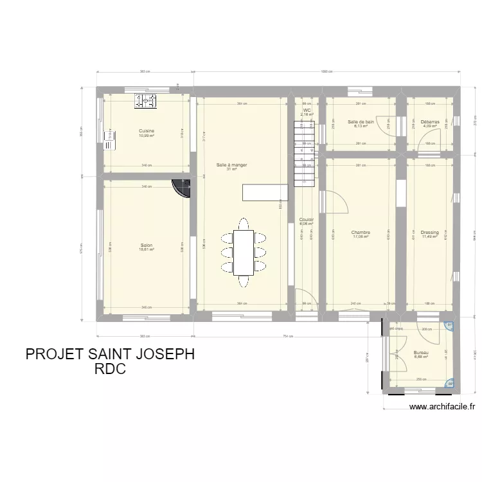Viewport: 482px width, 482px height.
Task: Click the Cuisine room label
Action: pos(147,131)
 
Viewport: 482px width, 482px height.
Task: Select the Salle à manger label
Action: pos(231,165)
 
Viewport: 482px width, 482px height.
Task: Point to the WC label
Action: pos(307,111)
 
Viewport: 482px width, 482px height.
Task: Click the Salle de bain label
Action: pos(361,122)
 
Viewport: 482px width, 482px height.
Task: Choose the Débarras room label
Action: pos(430,122)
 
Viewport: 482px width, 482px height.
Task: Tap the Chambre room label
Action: pos(361,233)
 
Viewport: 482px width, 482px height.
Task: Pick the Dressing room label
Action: pos(430,233)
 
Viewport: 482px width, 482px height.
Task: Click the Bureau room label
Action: pos(421,353)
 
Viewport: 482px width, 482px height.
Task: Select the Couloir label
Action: pos(307,220)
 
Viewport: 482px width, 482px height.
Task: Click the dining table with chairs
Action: pos(244,253)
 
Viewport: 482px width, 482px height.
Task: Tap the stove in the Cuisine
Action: pos(145,100)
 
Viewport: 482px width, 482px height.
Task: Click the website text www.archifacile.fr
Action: pos(442,406)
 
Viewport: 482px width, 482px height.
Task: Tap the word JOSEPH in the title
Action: pos(160,355)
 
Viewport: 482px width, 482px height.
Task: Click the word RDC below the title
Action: pos(109,370)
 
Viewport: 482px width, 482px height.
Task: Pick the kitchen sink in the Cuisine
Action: pos(110,138)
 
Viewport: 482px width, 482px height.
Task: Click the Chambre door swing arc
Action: pos(338,204)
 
